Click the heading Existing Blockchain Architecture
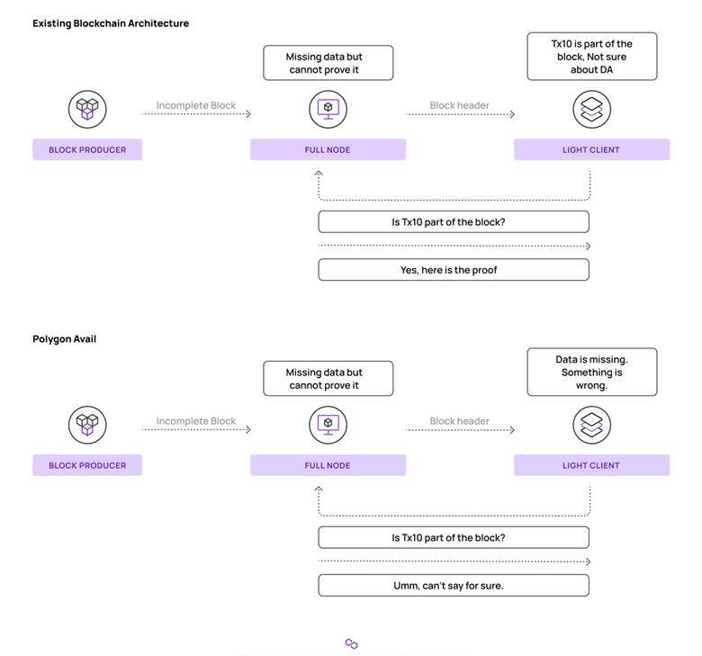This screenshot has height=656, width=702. (x=111, y=23)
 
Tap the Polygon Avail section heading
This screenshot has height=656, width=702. (x=65, y=339)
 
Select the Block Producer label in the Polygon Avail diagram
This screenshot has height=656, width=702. (x=87, y=465)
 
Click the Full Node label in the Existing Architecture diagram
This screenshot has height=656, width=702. (x=328, y=149)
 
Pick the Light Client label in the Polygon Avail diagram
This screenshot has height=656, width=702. (x=591, y=465)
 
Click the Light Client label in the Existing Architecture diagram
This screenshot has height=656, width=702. (x=591, y=149)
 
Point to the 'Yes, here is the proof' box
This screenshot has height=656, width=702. (x=454, y=270)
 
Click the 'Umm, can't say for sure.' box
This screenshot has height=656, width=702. (x=454, y=585)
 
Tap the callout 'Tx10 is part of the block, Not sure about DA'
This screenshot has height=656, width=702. (x=592, y=57)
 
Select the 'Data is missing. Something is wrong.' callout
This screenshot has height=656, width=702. (x=592, y=373)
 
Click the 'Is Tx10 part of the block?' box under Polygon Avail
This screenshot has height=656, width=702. (x=454, y=537)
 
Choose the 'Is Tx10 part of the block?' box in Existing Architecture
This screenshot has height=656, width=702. (x=454, y=221)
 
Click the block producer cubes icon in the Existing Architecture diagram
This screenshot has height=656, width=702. (x=87, y=109)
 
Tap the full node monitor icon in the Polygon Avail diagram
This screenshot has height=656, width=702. (x=328, y=425)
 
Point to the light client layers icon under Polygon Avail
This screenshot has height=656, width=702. (x=592, y=425)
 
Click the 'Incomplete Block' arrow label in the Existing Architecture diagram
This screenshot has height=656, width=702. (x=196, y=105)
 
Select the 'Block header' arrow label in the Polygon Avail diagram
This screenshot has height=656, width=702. (x=459, y=421)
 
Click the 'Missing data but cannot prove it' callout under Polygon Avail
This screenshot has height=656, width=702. (x=328, y=378)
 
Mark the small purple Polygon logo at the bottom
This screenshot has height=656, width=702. (x=351, y=643)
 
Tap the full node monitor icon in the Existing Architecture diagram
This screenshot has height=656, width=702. (x=328, y=109)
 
